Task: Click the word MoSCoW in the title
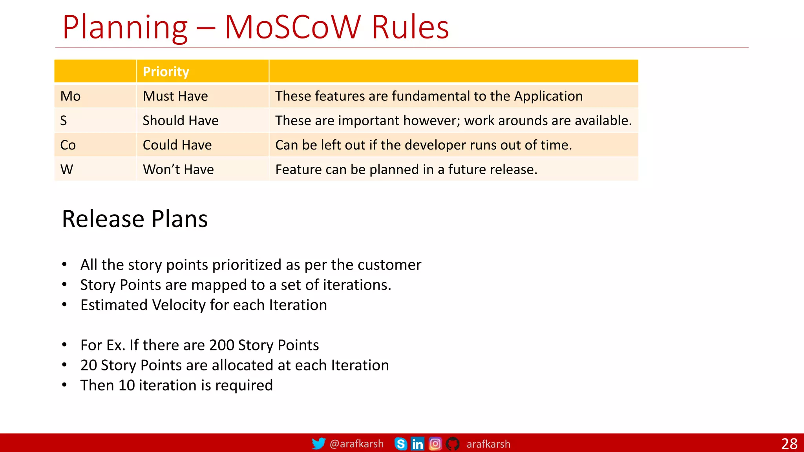292,27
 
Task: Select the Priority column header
166,72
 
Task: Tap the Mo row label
70,96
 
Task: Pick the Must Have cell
175,96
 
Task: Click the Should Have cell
180,120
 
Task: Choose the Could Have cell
177,145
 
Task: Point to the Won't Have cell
178,169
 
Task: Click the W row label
67,169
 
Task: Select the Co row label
68,145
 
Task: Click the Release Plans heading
135,219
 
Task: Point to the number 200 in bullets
222,345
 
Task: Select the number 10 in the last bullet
127,385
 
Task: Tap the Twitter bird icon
318,444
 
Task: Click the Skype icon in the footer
400,444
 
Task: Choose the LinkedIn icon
417,444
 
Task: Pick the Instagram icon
435,444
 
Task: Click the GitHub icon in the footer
453,444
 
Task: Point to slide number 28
789,444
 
